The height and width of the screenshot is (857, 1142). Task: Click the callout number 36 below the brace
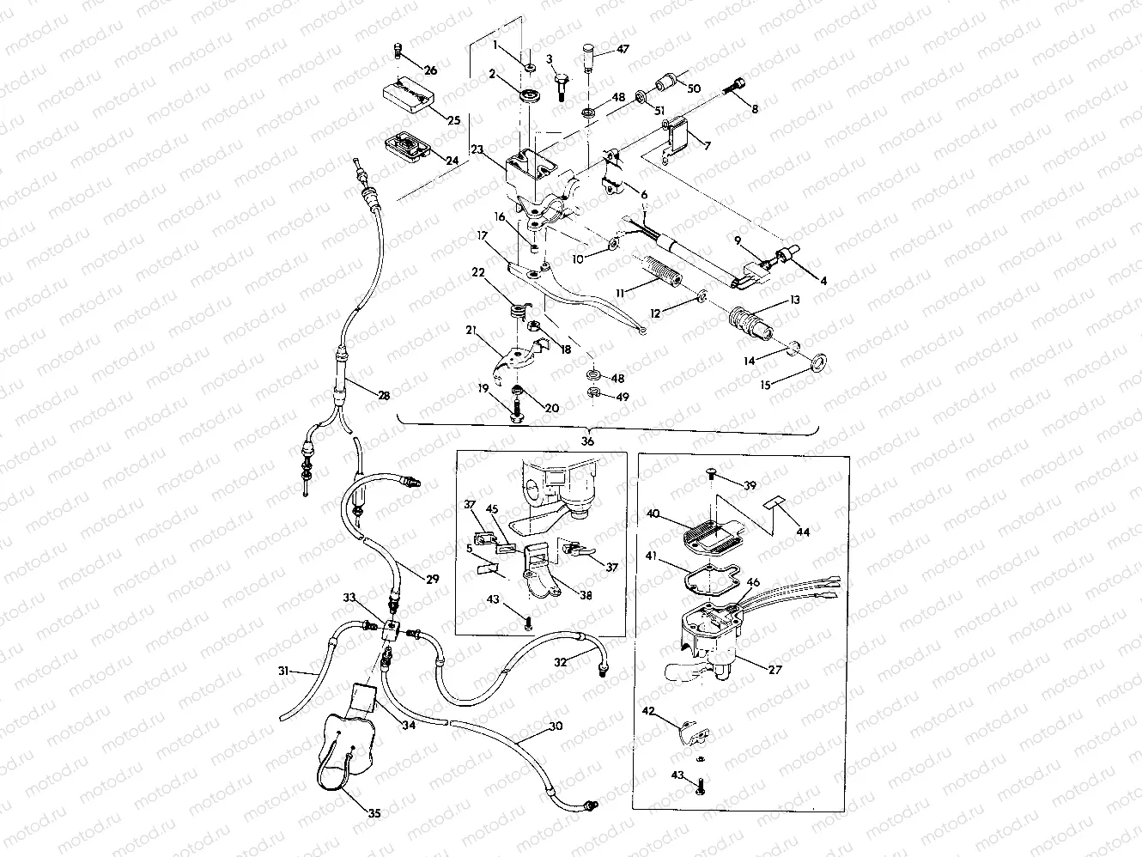click(x=587, y=441)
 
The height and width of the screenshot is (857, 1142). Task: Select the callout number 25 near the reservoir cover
click(x=453, y=120)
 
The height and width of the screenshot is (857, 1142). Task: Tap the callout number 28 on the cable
click(x=383, y=396)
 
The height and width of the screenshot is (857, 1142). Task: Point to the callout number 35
click(x=374, y=813)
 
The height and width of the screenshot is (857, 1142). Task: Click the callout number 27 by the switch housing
click(x=774, y=670)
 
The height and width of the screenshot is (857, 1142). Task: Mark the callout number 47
click(x=623, y=51)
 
